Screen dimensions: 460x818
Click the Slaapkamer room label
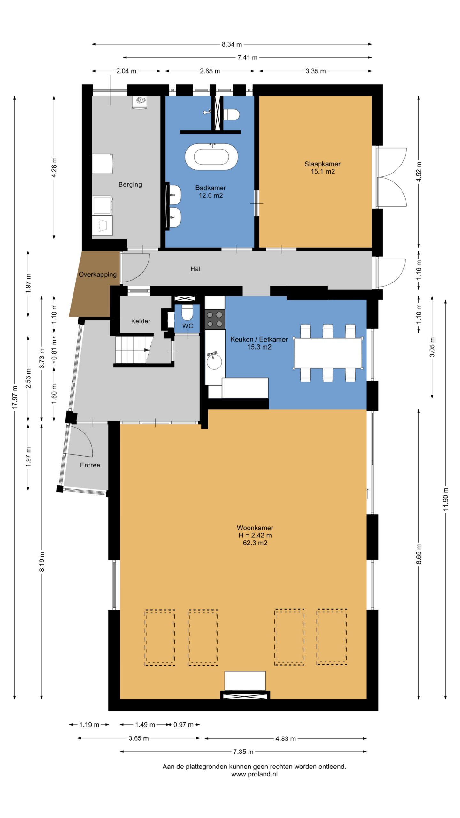pyautogui.click(x=322, y=164)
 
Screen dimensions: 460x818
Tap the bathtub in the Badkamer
pyautogui.click(x=211, y=157)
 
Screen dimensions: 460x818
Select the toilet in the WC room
pyautogui.click(x=187, y=312)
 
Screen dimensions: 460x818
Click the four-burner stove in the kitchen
pyautogui.click(x=215, y=319)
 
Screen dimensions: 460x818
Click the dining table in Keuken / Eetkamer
pyautogui.click(x=328, y=353)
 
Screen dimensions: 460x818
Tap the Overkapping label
pyautogui.click(x=98, y=274)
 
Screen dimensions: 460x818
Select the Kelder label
pyautogui.click(x=141, y=321)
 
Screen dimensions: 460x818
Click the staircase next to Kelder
pyautogui.click(x=134, y=350)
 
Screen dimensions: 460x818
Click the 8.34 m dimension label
pyautogui.click(x=232, y=44)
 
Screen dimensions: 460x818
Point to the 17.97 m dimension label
pyautogui.click(x=15, y=397)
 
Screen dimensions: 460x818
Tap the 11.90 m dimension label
pyautogui.click(x=446, y=499)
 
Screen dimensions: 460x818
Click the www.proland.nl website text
pyautogui.click(x=254, y=774)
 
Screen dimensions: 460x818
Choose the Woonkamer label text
pyautogui.click(x=255, y=528)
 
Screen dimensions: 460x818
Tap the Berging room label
pyautogui.click(x=130, y=185)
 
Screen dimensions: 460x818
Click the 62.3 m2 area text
pyautogui.click(x=255, y=543)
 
